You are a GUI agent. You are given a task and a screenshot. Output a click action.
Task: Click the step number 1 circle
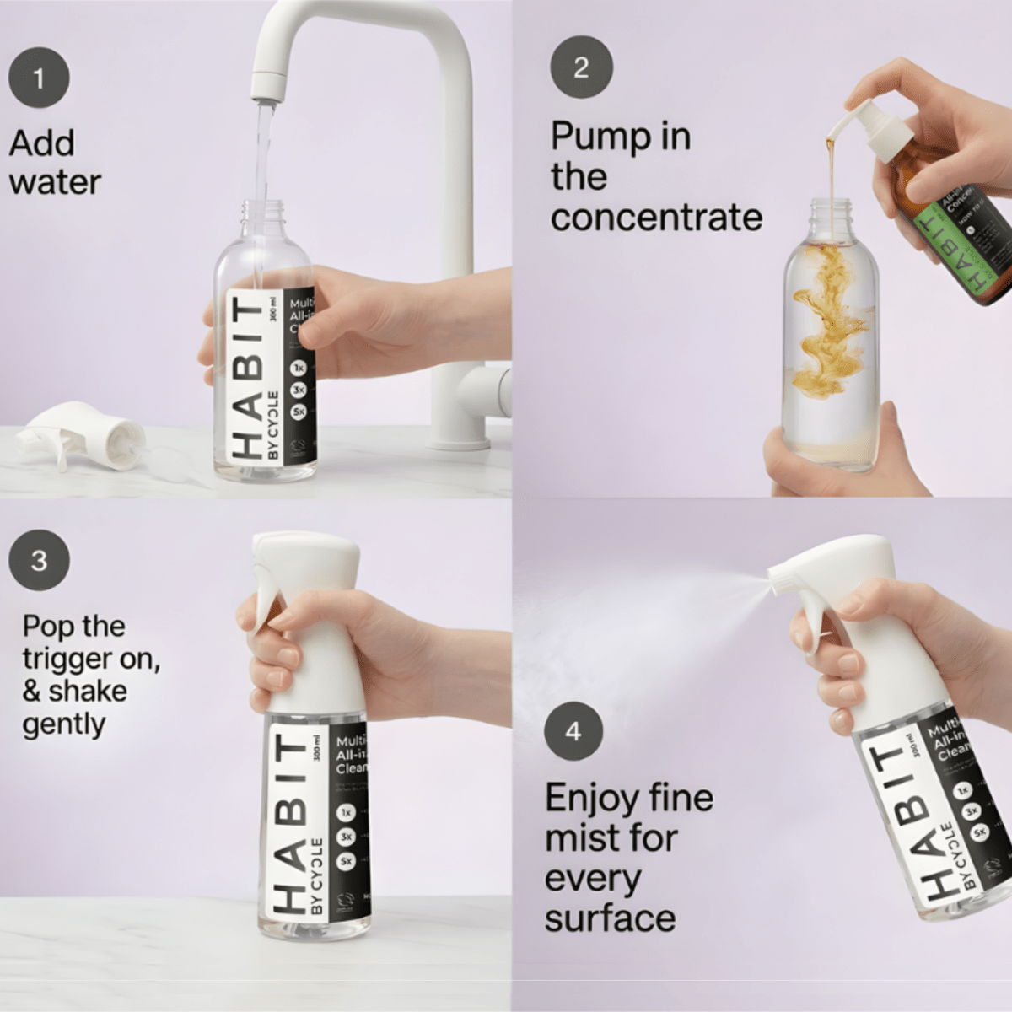pos(39,80)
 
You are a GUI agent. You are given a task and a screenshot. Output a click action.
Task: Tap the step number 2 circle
pos(581,67)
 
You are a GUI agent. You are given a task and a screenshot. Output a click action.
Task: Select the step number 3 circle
pos(39,561)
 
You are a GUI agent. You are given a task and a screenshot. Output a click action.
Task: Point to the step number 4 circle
pos(573,731)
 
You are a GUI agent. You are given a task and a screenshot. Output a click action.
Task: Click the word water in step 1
pos(56,182)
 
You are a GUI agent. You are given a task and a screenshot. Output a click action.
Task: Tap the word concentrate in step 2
pos(656,218)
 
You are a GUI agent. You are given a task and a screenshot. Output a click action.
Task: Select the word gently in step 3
pos(64,724)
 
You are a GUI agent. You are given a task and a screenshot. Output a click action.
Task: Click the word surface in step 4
pos(610,918)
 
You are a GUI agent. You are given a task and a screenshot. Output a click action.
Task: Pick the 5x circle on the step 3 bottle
pos(346,862)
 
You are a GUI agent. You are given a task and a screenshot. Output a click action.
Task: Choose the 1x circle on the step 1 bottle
pos(299,368)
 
